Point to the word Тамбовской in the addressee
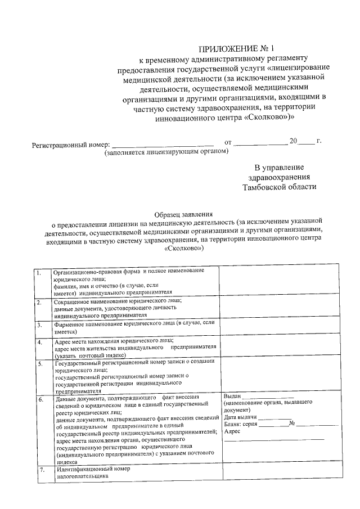click(x=263, y=187)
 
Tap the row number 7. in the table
click(x=41, y=469)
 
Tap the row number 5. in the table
click(x=39, y=364)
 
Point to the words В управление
click(x=279, y=167)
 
